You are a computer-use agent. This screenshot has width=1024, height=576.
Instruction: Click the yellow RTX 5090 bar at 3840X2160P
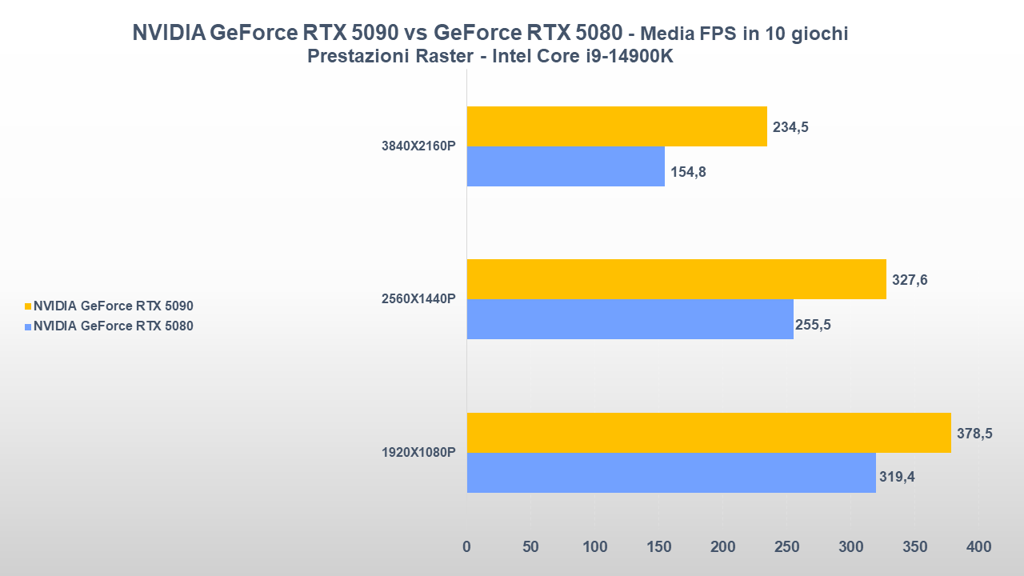coord(617,126)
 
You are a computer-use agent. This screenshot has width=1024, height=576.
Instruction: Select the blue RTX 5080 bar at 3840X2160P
coord(566,166)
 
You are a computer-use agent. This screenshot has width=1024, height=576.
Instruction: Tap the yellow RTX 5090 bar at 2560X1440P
coord(676,279)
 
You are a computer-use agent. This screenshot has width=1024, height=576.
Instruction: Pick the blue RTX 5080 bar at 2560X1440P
coord(630,319)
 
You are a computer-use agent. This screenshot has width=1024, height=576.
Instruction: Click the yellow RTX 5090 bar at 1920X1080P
coord(709,433)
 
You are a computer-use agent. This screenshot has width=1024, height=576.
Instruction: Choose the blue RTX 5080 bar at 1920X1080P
coord(671,473)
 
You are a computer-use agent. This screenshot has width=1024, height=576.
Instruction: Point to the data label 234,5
coord(790,127)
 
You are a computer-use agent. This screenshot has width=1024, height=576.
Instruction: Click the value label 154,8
coord(688,172)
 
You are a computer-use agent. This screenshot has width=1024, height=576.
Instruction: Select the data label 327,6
coord(910,280)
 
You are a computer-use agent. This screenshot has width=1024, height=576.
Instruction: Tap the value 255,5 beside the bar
coord(813,325)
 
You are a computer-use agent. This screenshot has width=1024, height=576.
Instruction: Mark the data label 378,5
coord(974,434)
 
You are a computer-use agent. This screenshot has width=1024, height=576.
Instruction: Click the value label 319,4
coord(896,478)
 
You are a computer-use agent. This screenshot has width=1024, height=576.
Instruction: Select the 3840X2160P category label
coord(418,146)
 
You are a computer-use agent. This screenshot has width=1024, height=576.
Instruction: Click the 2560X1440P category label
coord(418,299)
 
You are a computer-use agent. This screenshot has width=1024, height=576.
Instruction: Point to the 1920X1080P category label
coord(418,453)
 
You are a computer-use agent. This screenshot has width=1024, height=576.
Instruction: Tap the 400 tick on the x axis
coord(978,547)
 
